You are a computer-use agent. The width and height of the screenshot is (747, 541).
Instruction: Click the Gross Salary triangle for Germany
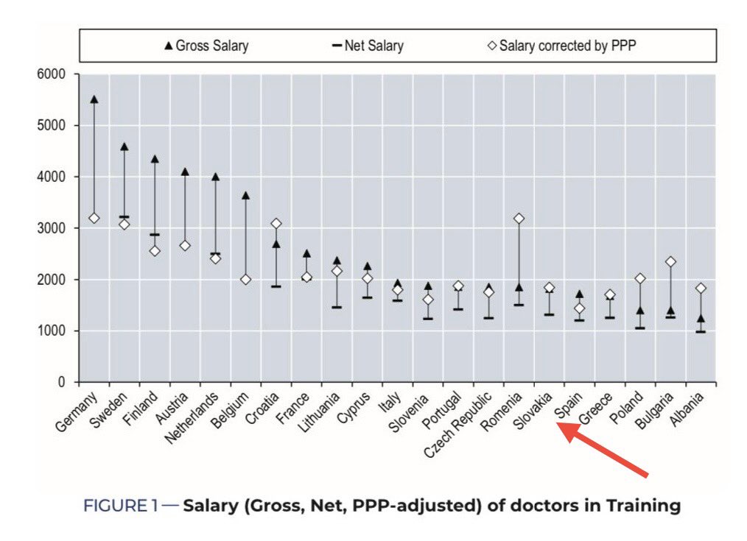94,99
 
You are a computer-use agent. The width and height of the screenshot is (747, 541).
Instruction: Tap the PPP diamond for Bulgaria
670,261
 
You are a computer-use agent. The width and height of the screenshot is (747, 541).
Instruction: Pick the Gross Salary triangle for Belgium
245,196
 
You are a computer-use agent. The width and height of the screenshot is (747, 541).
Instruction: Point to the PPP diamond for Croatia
276,223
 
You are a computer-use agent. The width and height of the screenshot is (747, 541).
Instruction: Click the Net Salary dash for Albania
701,331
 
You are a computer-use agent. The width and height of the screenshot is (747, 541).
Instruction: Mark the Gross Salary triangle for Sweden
124,147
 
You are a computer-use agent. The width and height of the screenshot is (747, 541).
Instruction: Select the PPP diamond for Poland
639,279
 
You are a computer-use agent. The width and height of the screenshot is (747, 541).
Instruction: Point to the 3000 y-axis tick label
52,228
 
